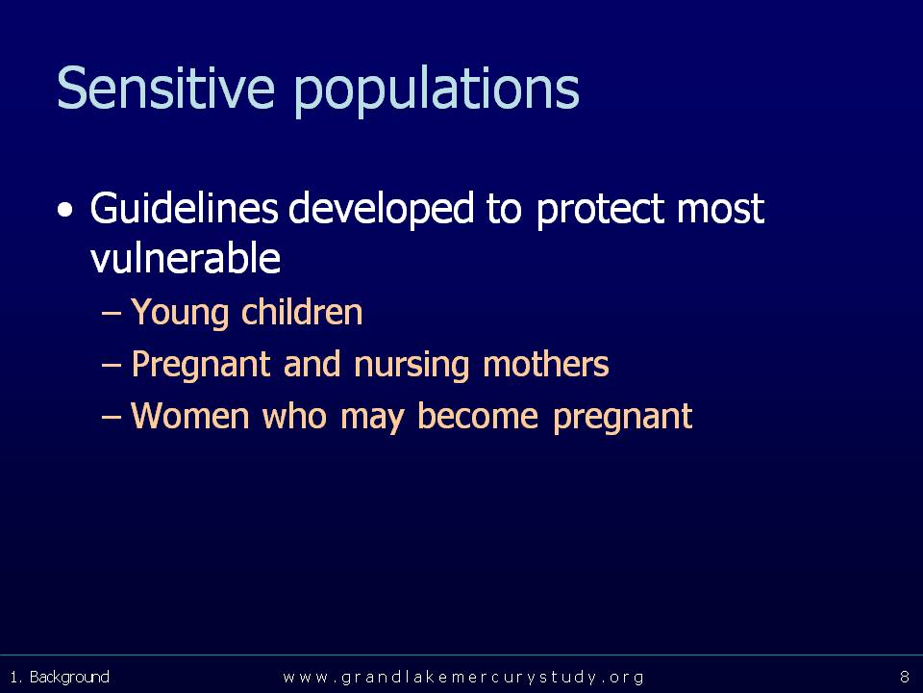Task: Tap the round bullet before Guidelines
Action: [x=66, y=211]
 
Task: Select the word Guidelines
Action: [x=184, y=208]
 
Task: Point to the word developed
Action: [x=382, y=210]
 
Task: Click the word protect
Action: [x=601, y=211]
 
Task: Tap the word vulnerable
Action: [x=186, y=258]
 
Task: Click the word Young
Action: [x=180, y=312]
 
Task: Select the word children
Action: [x=302, y=311]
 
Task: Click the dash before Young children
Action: [x=111, y=314]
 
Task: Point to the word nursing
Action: [x=412, y=364]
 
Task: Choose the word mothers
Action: [x=546, y=363]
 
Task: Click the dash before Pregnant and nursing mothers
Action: [x=111, y=366]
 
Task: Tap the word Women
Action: [x=190, y=416]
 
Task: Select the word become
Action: [x=478, y=416]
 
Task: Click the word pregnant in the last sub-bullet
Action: [x=622, y=417]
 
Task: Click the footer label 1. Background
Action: [x=60, y=677]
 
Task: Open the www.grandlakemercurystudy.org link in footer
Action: [x=463, y=677]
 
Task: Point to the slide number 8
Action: [x=905, y=677]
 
